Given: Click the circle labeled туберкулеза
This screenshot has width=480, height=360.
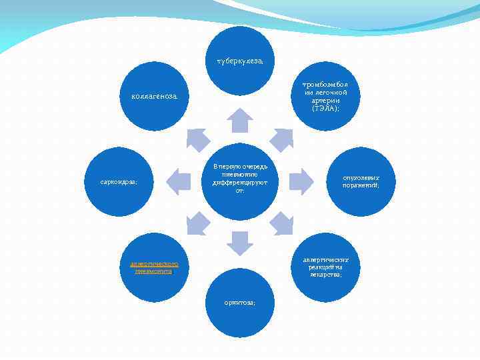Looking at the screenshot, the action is coord(239,61).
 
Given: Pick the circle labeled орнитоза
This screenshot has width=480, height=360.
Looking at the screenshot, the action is coord(239,302).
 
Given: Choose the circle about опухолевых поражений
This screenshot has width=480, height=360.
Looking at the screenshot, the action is coord(361,181).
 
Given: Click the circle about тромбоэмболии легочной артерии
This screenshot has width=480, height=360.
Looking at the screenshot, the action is coord(325,97).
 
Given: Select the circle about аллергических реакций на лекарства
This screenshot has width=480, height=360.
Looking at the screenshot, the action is coord(325,267).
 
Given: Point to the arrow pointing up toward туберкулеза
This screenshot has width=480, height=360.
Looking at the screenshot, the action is coord(240,121).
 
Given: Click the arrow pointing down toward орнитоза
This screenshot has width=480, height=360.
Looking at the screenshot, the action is coord(240,242).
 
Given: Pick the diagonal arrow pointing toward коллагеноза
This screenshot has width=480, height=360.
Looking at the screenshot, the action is coord(197,139).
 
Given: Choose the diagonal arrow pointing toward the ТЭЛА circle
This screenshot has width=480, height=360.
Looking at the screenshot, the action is coord(282,139).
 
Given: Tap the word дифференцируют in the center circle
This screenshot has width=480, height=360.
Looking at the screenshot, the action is coord(239,182).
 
